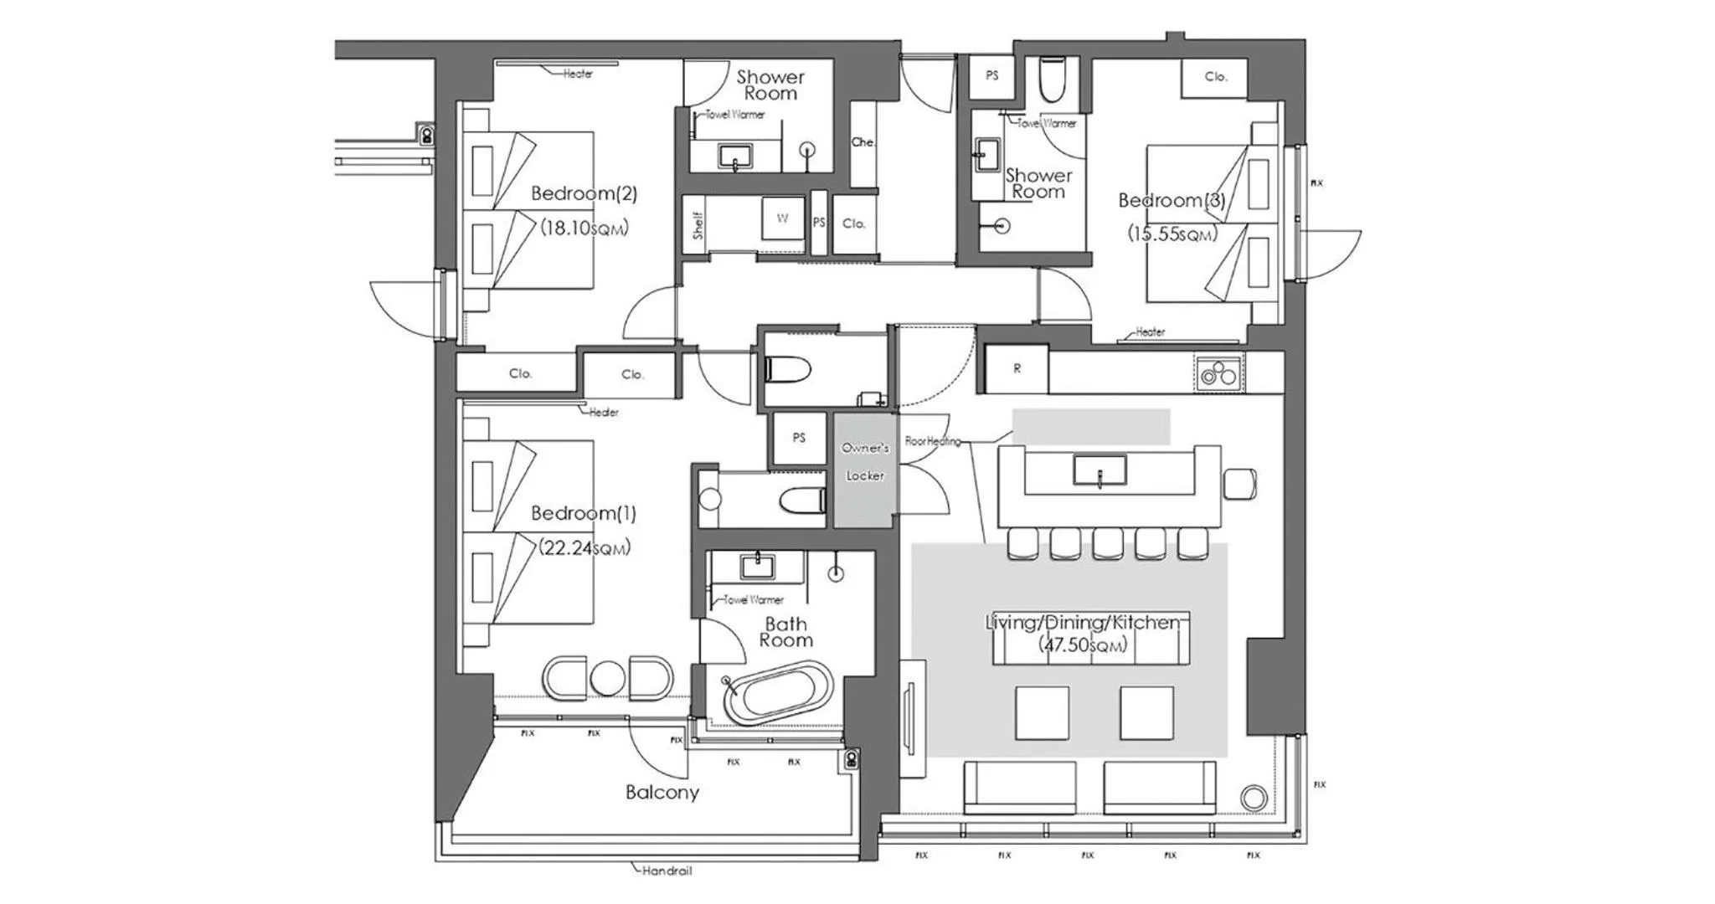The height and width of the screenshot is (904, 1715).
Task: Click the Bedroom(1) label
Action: [584, 513]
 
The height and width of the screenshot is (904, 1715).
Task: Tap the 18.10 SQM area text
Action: [584, 228]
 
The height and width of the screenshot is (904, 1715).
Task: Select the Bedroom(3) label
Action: [1172, 200]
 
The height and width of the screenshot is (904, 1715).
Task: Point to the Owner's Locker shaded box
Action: [864, 470]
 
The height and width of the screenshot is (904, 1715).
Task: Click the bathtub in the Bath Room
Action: [778, 692]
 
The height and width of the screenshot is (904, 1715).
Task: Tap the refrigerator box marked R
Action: [1017, 368]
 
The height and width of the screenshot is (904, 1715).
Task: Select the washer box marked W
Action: [782, 218]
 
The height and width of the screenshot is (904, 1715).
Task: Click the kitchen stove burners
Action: [1218, 372]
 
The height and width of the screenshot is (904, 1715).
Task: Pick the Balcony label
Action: [662, 792]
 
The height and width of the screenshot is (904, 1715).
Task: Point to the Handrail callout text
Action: [667, 871]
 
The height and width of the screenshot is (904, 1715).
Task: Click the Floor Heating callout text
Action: [932, 441]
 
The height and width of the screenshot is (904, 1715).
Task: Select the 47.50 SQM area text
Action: [1083, 645]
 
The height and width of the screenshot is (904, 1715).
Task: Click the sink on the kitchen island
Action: [1099, 470]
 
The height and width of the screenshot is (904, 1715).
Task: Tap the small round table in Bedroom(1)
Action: [608, 679]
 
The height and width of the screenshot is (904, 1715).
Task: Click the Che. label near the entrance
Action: [863, 142]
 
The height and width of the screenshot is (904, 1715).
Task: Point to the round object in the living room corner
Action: [1253, 798]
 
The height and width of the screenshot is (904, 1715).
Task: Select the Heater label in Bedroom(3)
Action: [1150, 331]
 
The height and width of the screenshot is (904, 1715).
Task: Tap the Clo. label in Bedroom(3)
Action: [1215, 77]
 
